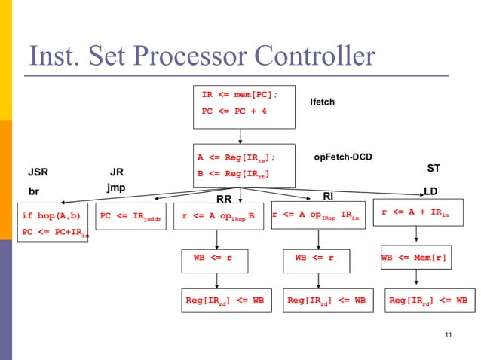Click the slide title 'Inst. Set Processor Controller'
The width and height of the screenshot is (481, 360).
(201, 56)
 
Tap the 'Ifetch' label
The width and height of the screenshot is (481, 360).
(322, 102)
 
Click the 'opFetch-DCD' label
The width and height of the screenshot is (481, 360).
(343, 157)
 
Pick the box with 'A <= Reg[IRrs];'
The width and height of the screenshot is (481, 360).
(240, 166)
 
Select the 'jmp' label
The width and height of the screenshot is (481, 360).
(115, 187)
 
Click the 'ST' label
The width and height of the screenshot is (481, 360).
(434, 168)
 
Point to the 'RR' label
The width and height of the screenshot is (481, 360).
(224, 200)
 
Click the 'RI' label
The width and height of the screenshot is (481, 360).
(328, 197)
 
